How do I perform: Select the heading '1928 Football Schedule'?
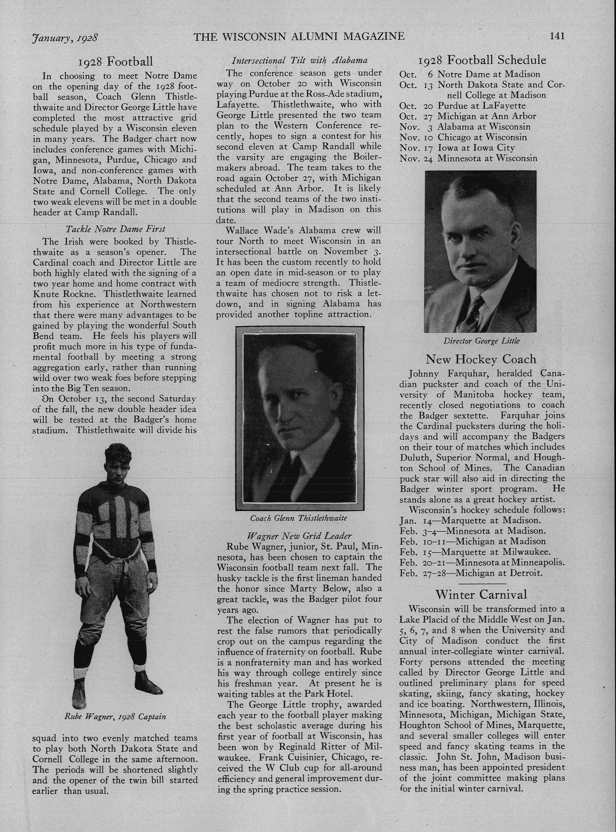pos(482,60)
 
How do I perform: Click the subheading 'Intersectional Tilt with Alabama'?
pos(299,60)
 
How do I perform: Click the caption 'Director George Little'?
pos(481,341)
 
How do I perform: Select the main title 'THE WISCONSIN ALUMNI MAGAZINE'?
pos(299,36)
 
